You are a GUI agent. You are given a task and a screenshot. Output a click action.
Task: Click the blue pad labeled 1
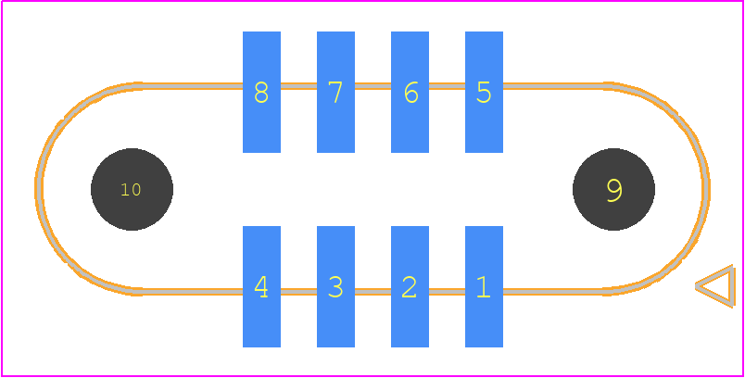[x=484, y=286]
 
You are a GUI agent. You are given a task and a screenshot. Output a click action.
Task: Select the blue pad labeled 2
[x=410, y=286]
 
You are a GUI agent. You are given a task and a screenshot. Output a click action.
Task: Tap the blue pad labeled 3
[x=335, y=286]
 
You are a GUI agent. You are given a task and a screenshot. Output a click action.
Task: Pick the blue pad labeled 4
[x=261, y=286]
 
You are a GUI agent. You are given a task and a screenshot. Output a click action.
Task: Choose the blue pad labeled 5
[x=484, y=92]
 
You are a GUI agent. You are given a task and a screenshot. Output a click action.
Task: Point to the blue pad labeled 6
[x=410, y=92]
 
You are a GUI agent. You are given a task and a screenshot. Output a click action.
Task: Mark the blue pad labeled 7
[x=335, y=92]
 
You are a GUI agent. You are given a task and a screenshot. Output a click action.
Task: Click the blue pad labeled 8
[x=261, y=92]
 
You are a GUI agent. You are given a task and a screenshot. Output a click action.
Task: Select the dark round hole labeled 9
[x=613, y=190]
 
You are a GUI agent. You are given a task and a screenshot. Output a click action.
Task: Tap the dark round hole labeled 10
[x=132, y=190]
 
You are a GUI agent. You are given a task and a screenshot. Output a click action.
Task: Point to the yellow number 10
[x=131, y=190]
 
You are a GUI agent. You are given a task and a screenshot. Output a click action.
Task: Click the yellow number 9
[x=614, y=191]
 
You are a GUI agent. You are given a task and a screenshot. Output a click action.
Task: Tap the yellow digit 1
[x=483, y=287]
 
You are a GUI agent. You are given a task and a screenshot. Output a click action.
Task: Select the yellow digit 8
[x=261, y=92]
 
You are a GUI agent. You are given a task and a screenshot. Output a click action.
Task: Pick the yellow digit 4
[x=261, y=287]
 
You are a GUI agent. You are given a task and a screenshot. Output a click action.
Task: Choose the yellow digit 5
[x=484, y=92]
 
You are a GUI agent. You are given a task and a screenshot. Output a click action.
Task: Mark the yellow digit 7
[x=335, y=92]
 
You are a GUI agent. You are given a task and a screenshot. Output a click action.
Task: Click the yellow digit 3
[x=335, y=287]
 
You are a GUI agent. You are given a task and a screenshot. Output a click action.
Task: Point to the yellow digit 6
[x=411, y=92]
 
